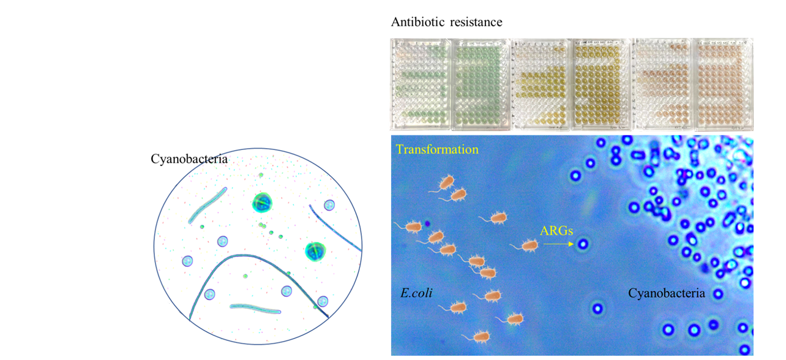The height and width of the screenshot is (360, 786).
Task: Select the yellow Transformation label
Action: tap(437, 149)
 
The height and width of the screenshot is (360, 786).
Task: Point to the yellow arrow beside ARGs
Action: tap(558, 244)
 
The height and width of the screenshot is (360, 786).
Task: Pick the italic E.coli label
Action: tap(416, 293)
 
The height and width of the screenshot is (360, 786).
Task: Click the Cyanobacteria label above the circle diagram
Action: tap(189, 159)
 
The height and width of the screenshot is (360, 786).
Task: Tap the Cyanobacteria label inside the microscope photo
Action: tap(667, 294)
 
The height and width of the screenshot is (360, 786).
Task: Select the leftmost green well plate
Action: tap(421, 84)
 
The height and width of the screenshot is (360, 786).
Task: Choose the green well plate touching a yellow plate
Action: tap(480, 84)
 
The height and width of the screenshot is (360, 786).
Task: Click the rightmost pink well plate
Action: tap(722, 84)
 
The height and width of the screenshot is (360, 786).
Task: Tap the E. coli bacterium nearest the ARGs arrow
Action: tap(528, 246)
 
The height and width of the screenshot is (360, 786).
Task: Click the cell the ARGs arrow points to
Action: tap(583, 244)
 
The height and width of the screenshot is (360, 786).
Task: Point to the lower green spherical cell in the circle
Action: tap(315, 250)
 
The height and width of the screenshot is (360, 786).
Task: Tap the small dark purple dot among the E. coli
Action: tap(427, 224)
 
